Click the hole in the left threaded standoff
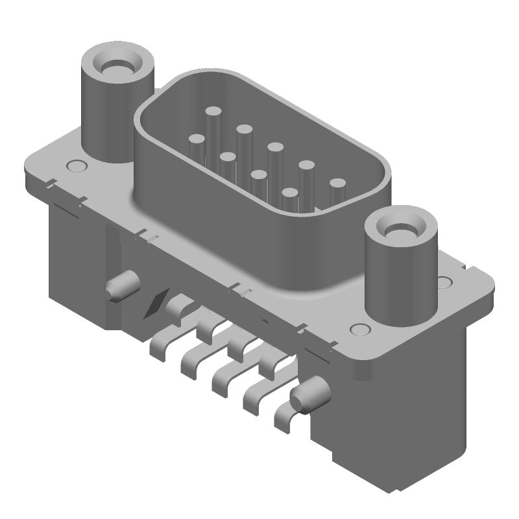116,67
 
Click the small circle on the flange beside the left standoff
77,165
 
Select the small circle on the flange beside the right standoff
444,282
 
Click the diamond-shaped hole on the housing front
156,303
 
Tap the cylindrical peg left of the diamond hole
120,286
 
